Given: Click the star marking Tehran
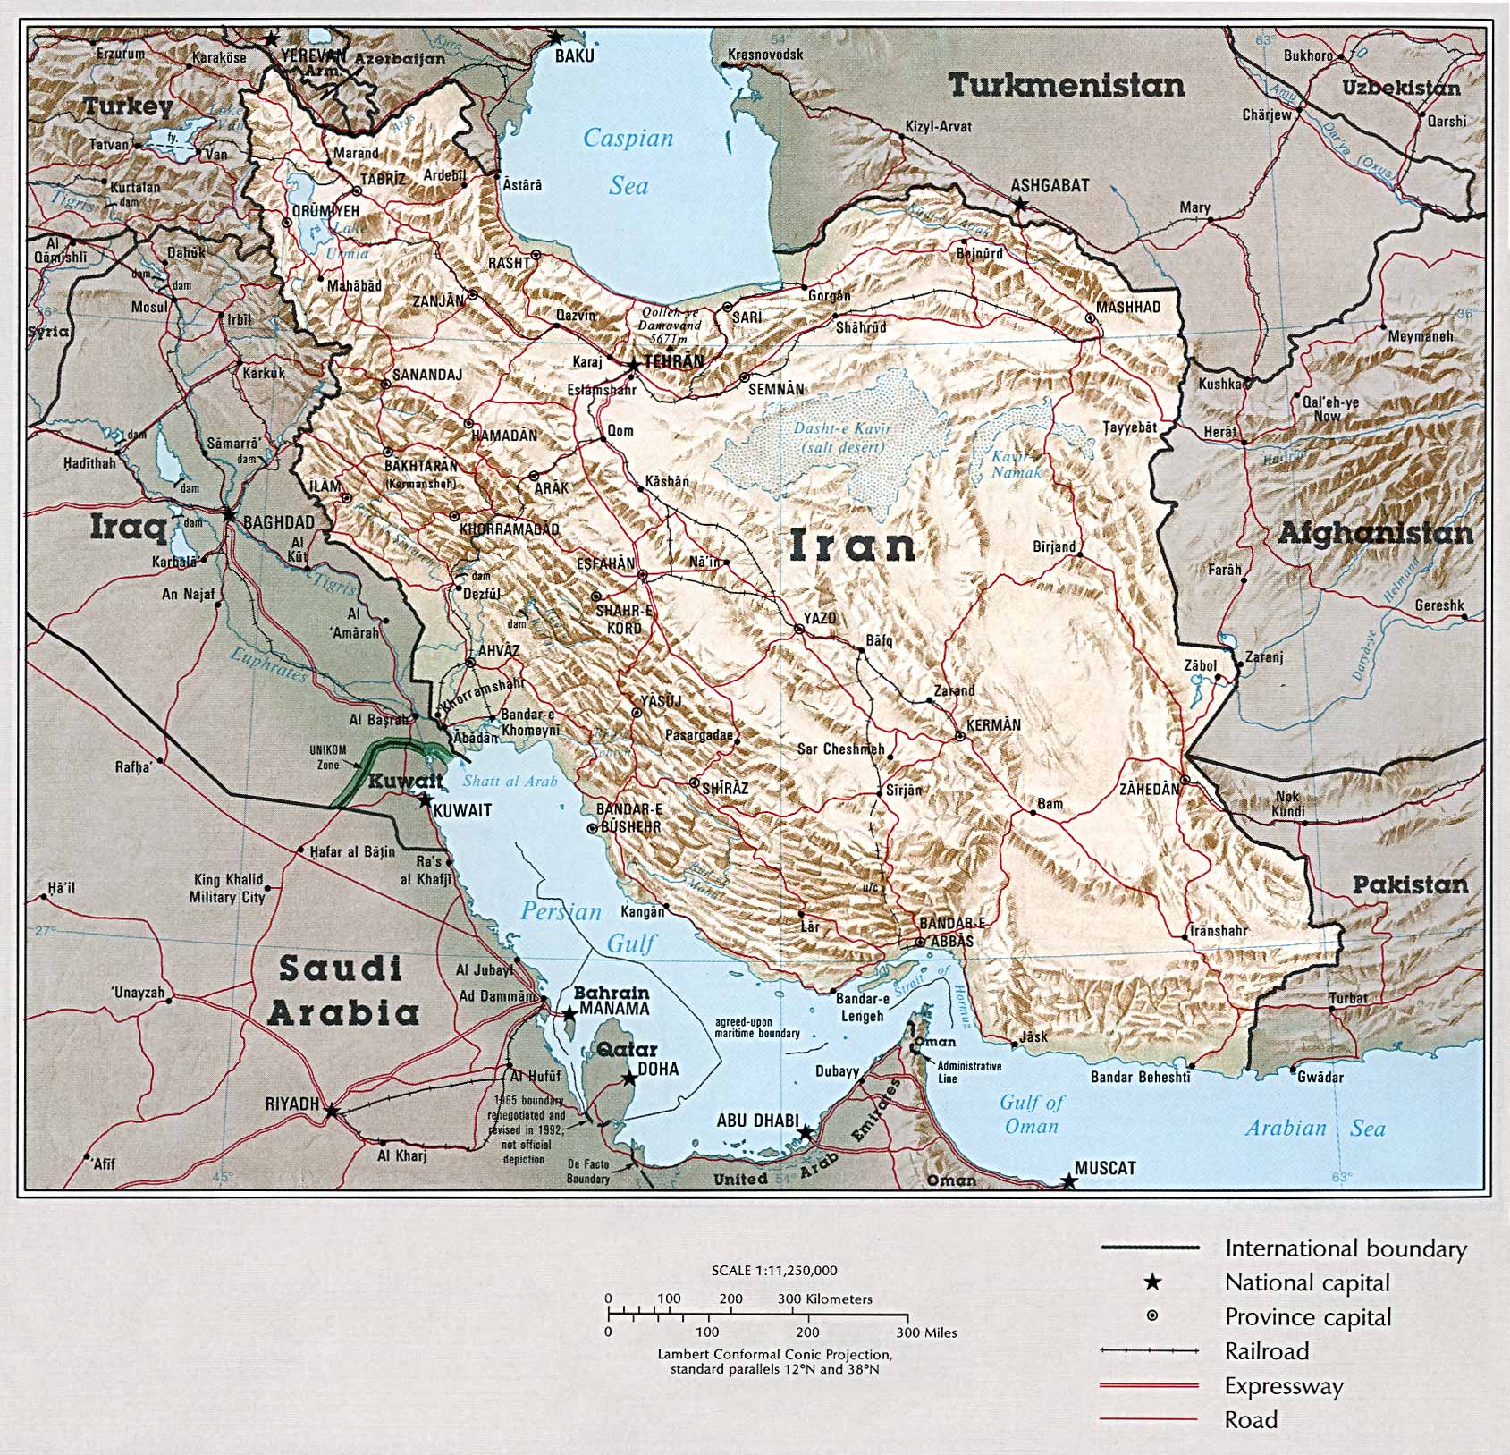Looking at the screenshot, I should point(633,365).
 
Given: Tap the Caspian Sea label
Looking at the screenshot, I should point(628,162).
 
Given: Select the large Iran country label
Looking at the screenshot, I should point(853,546).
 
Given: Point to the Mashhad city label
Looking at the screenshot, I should point(1128,308).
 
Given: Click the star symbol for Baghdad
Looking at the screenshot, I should point(229,515).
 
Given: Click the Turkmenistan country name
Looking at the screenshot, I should point(1066,86).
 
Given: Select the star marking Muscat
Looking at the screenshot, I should point(1067,1182).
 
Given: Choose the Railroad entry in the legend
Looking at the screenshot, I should point(1266,1351).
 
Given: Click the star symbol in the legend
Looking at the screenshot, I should point(1153,1283).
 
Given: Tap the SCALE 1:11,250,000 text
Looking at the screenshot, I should point(774,1270).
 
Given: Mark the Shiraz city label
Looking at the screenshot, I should point(724,789).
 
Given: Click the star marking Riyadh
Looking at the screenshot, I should point(331,1112).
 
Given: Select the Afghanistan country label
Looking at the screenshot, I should point(1374,535).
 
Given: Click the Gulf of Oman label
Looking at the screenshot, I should point(1032,1114).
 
